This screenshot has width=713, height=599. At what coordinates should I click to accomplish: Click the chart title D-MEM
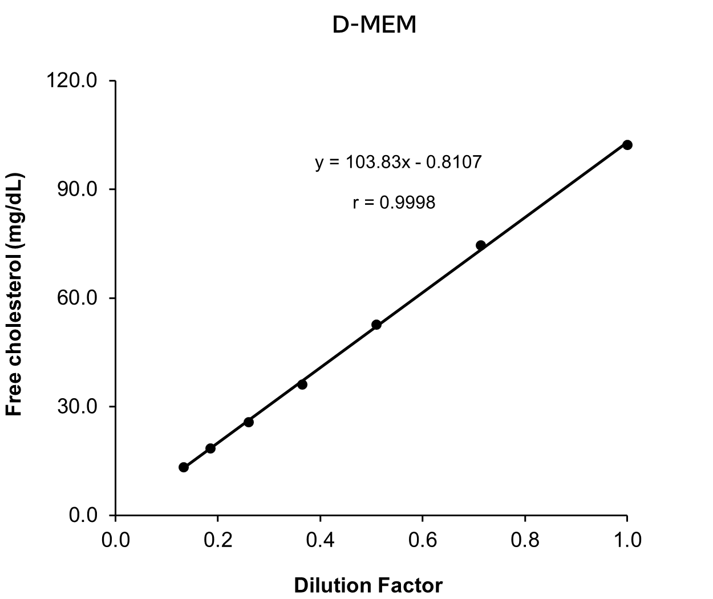pos(374,25)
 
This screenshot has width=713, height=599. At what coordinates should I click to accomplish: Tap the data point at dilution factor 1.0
pos(627,145)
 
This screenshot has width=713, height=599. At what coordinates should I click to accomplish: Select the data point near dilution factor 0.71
pos(480,245)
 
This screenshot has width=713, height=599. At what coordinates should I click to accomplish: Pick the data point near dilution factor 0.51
pos(376,325)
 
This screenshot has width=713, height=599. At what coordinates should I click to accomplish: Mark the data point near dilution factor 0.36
pos(302,385)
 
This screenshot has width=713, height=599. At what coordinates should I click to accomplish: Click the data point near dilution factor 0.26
pos(249,422)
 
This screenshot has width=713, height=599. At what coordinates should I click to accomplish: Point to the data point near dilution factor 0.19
pos(210,448)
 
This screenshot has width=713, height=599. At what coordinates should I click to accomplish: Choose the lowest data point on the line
pos(184,467)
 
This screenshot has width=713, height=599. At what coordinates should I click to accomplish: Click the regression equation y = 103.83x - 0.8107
pos(398,162)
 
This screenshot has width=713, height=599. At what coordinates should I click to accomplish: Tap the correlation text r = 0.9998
pos(394,202)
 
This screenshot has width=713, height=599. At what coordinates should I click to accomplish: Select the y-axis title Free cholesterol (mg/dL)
pos(14,294)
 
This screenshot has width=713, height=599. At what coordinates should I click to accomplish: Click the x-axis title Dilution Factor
pos(368,585)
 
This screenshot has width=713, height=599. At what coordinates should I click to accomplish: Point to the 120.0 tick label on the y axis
pos(72,81)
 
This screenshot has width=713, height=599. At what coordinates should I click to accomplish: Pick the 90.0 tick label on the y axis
pos(78,189)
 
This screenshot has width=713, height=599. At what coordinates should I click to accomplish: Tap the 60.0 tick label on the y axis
pos(78,298)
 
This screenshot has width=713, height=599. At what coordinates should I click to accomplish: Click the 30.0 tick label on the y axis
pos(78,406)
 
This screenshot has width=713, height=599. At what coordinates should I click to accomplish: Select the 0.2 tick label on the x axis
pos(218,540)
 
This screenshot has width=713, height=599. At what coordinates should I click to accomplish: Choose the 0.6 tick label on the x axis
pos(423,540)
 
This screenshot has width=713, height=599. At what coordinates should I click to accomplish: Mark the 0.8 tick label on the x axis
pos(525,540)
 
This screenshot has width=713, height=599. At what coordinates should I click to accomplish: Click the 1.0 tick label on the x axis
pos(627,540)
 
